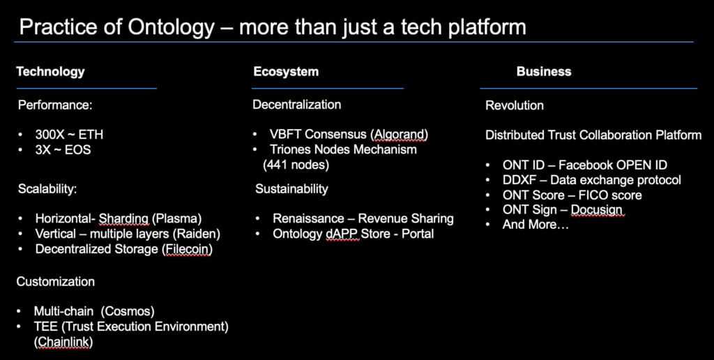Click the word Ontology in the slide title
click(x=171, y=28)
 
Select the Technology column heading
click(x=50, y=72)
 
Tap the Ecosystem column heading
click(x=286, y=72)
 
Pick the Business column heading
click(x=544, y=72)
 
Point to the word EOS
click(x=78, y=150)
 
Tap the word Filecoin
click(x=187, y=249)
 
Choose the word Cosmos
click(x=128, y=311)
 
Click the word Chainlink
click(x=63, y=342)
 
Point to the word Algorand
click(x=400, y=135)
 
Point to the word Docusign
click(x=597, y=210)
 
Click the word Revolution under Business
click(x=515, y=106)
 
